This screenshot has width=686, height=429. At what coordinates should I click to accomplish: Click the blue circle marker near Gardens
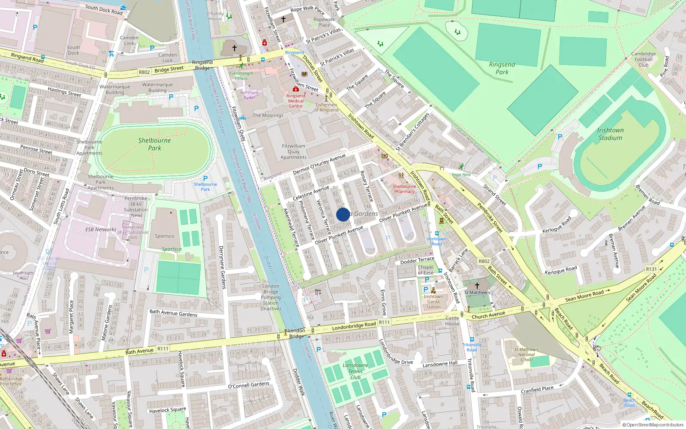[343, 214]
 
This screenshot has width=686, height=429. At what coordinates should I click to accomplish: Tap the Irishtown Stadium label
[610, 134]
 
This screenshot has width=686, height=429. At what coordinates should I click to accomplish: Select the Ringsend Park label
[502, 68]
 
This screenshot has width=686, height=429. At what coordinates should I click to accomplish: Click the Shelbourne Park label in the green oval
[154, 144]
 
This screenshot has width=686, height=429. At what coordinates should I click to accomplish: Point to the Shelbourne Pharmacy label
[404, 189]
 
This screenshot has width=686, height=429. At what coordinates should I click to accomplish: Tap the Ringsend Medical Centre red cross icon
[295, 89]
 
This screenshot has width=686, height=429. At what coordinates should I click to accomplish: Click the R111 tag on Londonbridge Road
[384, 322]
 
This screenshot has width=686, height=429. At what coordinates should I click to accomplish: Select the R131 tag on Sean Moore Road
[651, 269]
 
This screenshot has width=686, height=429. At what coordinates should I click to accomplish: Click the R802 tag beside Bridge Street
[144, 72]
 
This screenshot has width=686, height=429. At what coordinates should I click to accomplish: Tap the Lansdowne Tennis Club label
[355, 372]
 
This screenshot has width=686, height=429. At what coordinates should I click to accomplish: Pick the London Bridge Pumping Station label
[271, 297]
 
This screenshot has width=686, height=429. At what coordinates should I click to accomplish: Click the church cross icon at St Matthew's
[477, 286]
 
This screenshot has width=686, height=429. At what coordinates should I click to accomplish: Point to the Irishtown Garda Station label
[433, 302]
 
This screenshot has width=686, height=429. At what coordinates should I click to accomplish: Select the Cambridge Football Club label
[643, 60]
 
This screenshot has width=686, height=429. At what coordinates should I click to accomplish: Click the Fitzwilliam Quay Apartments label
[294, 151]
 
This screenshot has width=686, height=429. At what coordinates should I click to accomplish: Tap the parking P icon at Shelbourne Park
[205, 178]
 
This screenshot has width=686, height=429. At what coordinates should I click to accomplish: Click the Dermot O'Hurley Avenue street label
[319, 164]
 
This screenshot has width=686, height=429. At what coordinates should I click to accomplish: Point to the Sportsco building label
[164, 236]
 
